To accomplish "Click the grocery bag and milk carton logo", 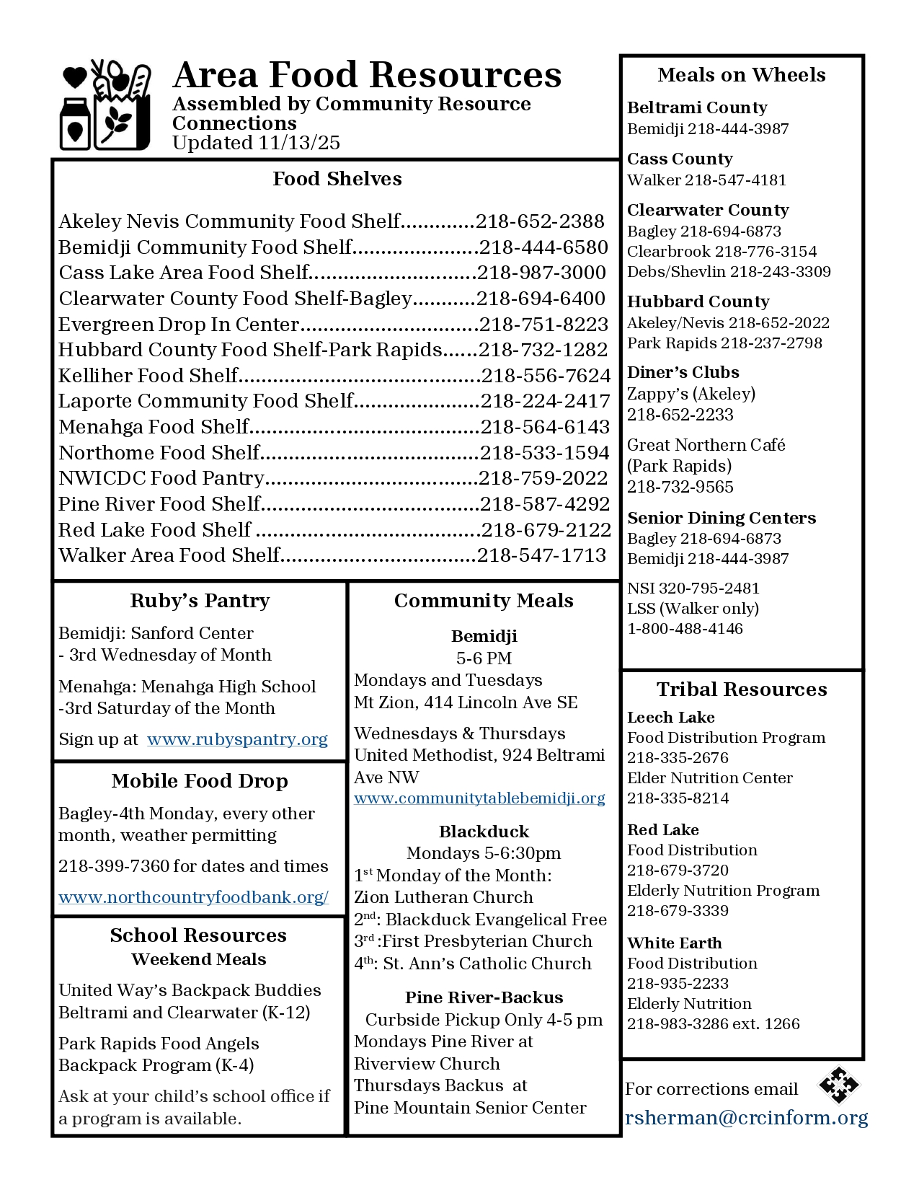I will pyautogui.click(x=105, y=105).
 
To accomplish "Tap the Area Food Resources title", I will pyautogui.click(x=367, y=75).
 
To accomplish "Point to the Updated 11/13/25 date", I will pyautogui.click(x=256, y=143).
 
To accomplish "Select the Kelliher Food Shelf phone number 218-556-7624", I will pyautogui.click(x=546, y=376).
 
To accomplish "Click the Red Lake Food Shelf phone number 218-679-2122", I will pyautogui.click(x=546, y=530).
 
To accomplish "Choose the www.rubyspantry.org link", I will pyautogui.click(x=237, y=739).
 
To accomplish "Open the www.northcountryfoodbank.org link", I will pyautogui.click(x=193, y=897).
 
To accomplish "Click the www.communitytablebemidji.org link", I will pyautogui.click(x=479, y=798).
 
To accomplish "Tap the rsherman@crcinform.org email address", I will pyautogui.click(x=747, y=1118).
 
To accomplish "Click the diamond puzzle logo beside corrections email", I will pyautogui.click(x=838, y=1085).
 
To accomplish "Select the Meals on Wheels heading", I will pyautogui.click(x=741, y=75).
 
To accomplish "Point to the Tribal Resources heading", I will pyautogui.click(x=741, y=689).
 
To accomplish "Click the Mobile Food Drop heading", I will pyautogui.click(x=200, y=781).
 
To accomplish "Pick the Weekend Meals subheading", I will pyautogui.click(x=199, y=959).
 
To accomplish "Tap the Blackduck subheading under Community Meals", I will pyautogui.click(x=484, y=832).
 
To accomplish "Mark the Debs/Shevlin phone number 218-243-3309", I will pyautogui.click(x=780, y=272).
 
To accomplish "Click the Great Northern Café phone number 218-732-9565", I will pyautogui.click(x=680, y=487).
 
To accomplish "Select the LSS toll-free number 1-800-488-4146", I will pyautogui.click(x=685, y=629).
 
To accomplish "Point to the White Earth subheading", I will pyautogui.click(x=674, y=943).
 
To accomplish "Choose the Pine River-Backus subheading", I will pyautogui.click(x=484, y=997).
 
